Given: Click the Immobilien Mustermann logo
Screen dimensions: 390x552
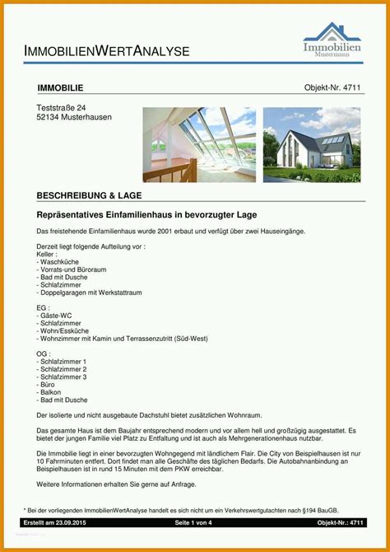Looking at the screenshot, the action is [x=332, y=40].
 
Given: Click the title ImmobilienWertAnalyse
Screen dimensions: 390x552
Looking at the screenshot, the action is [x=107, y=51].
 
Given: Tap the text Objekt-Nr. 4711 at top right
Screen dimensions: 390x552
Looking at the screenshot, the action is [x=332, y=87].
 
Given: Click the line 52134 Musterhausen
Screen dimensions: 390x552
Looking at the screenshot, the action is [x=74, y=117].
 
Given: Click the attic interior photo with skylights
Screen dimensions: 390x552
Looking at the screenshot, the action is [x=198, y=145].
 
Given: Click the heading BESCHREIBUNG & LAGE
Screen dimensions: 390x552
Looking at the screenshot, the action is [x=89, y=195].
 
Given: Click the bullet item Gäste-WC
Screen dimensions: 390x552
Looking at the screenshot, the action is [x=56, y=316].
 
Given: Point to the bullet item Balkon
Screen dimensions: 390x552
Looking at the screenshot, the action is [x=52, y=391].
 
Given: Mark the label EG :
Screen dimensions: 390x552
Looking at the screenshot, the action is [x=44, y=307].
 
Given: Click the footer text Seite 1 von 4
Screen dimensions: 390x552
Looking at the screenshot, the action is [x=193, y=522].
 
